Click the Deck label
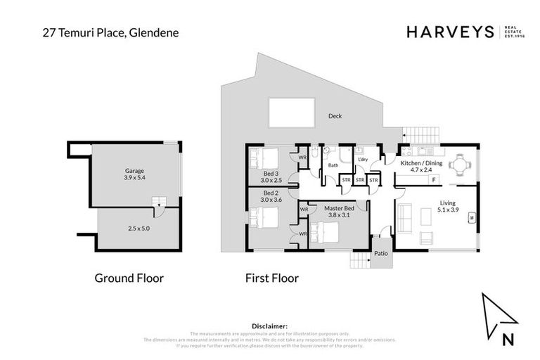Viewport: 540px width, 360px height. click(x=335, y=117)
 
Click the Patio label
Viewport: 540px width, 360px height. click(x=380, y=254)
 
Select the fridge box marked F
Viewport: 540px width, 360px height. click(x=433, y=181)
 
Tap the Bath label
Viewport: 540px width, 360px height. click(x=333, y=165)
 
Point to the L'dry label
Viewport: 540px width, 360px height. click(x=363, y=160)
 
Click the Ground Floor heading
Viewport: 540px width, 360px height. click(x=129, y=278)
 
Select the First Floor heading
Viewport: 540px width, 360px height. click(x=272, y=278)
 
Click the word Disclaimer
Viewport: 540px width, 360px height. click(x=269, y=326)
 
